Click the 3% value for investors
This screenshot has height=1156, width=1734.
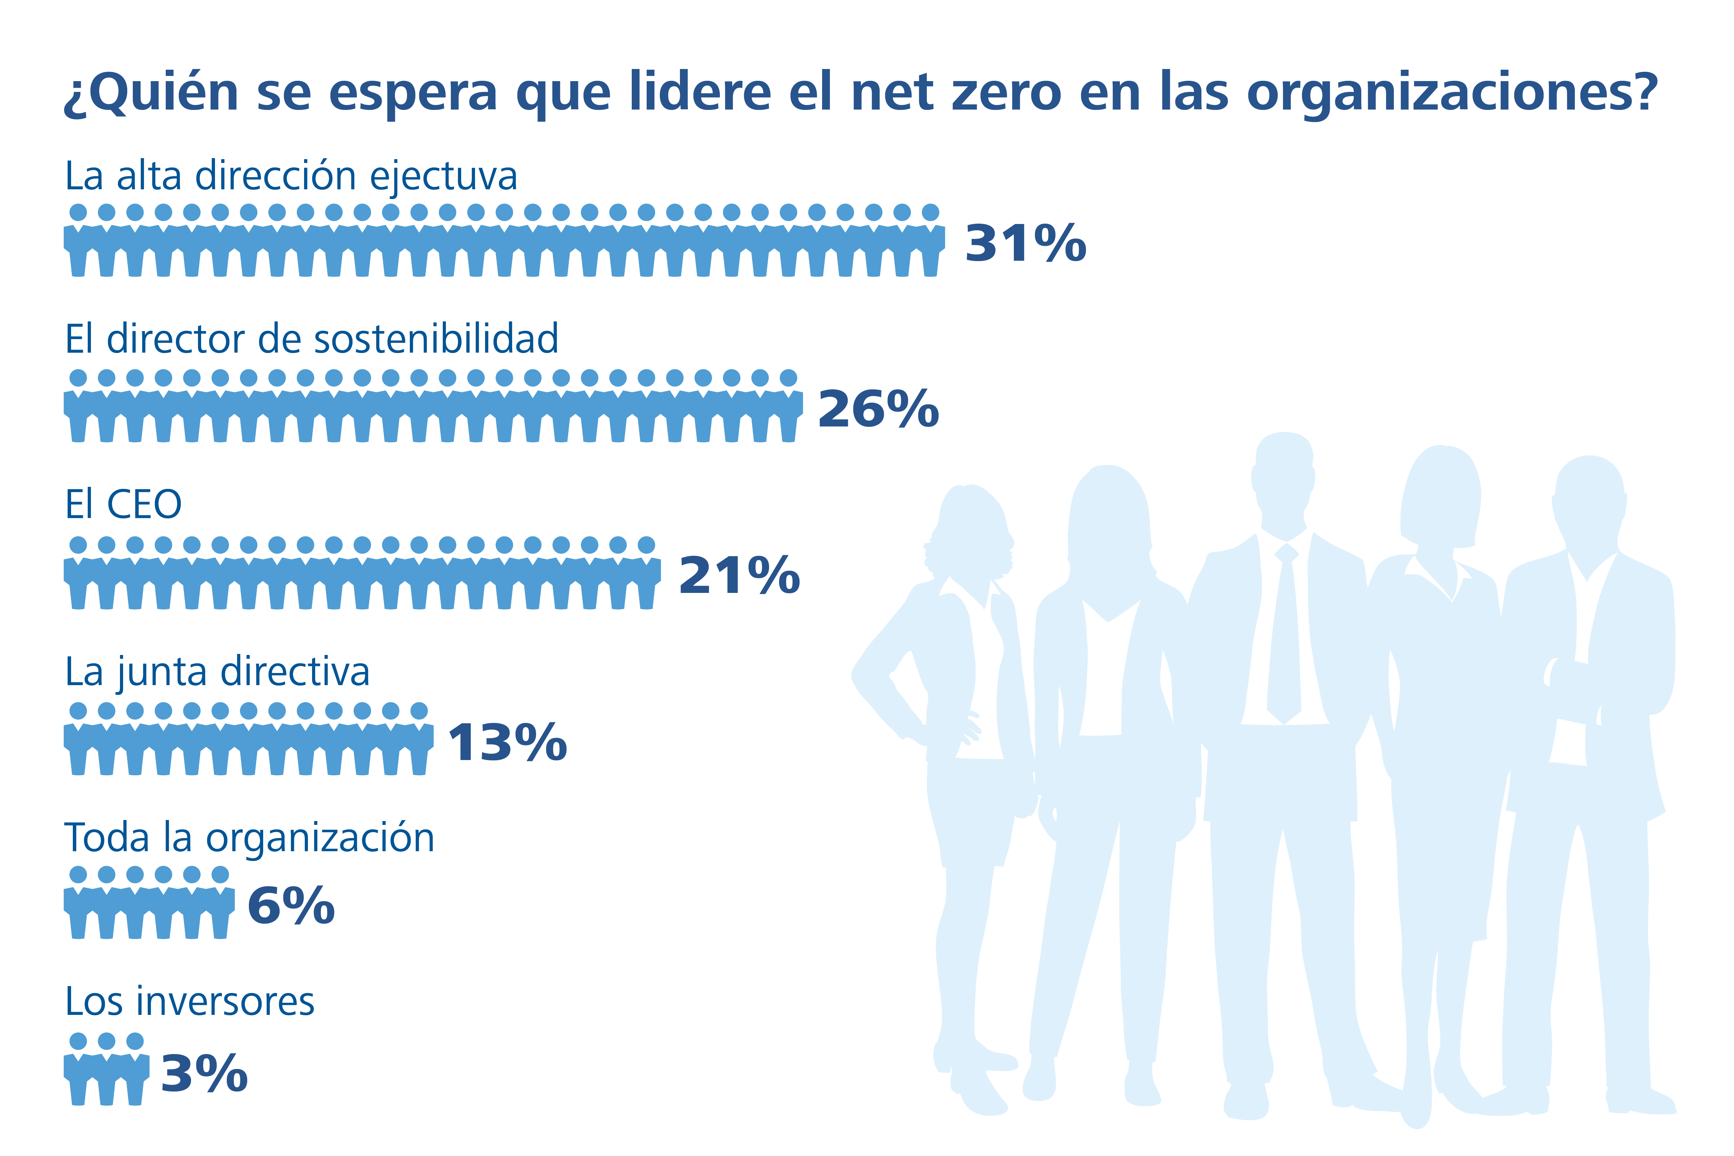pos(204,1073)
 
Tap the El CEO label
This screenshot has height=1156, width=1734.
pos(123,505)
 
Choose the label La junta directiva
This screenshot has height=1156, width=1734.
pos(217,672)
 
